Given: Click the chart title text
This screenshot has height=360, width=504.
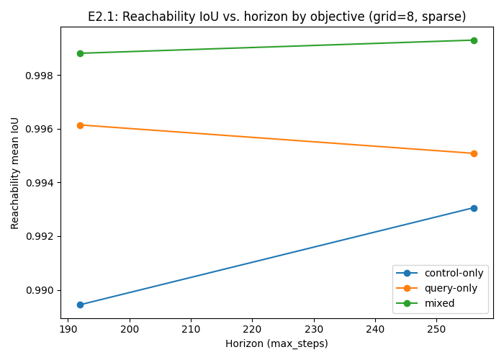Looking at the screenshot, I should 276,17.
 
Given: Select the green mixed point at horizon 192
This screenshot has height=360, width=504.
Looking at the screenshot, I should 80,53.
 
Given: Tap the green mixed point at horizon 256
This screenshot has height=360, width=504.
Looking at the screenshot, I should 474,40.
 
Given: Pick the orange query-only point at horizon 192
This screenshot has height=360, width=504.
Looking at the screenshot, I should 80,125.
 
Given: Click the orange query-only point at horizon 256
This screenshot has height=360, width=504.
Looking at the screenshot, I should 474,153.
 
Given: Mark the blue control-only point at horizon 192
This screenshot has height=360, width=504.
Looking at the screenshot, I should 80,305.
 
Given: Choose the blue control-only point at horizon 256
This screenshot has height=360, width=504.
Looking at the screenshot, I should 474,208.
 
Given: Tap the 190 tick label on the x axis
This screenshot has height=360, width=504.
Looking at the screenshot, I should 68,329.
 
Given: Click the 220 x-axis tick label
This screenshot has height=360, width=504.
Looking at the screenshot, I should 252,329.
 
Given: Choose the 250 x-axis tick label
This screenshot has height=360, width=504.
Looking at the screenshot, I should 436,329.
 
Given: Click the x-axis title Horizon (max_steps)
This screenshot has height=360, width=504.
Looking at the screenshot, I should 276,344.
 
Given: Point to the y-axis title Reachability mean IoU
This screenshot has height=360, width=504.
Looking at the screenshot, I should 15,173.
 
